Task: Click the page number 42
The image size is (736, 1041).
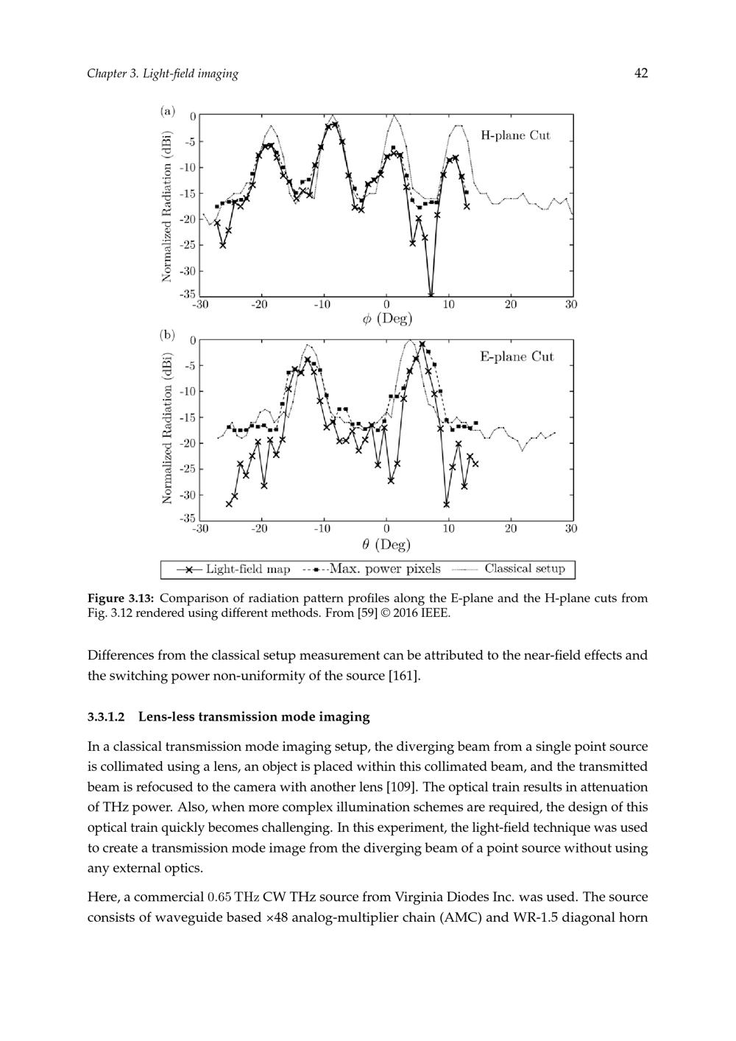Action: [641, 73]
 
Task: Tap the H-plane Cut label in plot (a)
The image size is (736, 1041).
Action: [515, 135]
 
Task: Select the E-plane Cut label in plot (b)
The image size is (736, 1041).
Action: [517, 357]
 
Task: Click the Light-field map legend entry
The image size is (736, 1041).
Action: [234, 569]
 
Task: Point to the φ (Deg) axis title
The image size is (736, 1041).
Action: [387, 320]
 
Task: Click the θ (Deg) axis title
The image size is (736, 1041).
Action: [387, 545]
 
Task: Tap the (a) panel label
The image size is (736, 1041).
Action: [168, 111]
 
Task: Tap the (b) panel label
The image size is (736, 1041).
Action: [168, 334]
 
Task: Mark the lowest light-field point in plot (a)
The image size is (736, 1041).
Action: [431, 295]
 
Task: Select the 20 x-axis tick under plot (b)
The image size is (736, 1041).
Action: [511, 529]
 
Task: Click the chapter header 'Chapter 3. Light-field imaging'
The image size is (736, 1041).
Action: [163, 74]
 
